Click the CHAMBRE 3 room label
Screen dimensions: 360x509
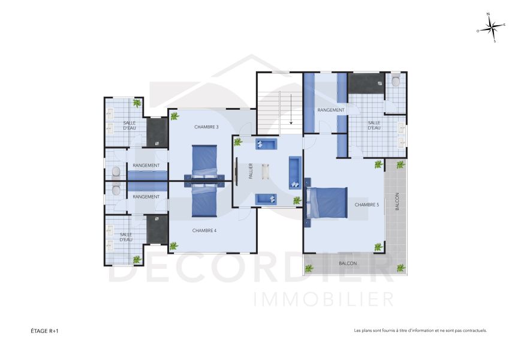point(206,127)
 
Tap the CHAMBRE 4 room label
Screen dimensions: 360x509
point(205,231)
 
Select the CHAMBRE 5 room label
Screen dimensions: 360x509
point(366,205)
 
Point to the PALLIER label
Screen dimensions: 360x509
point(251,172)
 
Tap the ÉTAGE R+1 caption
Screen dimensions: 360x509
point(45,330)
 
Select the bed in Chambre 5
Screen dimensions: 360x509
point(327,204)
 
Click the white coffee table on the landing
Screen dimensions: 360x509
point(267,172)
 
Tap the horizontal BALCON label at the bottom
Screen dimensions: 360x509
point(348,263)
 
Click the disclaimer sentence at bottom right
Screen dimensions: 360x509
point(420,330)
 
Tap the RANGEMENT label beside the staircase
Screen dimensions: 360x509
point(331,110)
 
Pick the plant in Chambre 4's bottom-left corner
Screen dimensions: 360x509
point(173,245)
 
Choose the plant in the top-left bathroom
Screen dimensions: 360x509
point(137,103)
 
